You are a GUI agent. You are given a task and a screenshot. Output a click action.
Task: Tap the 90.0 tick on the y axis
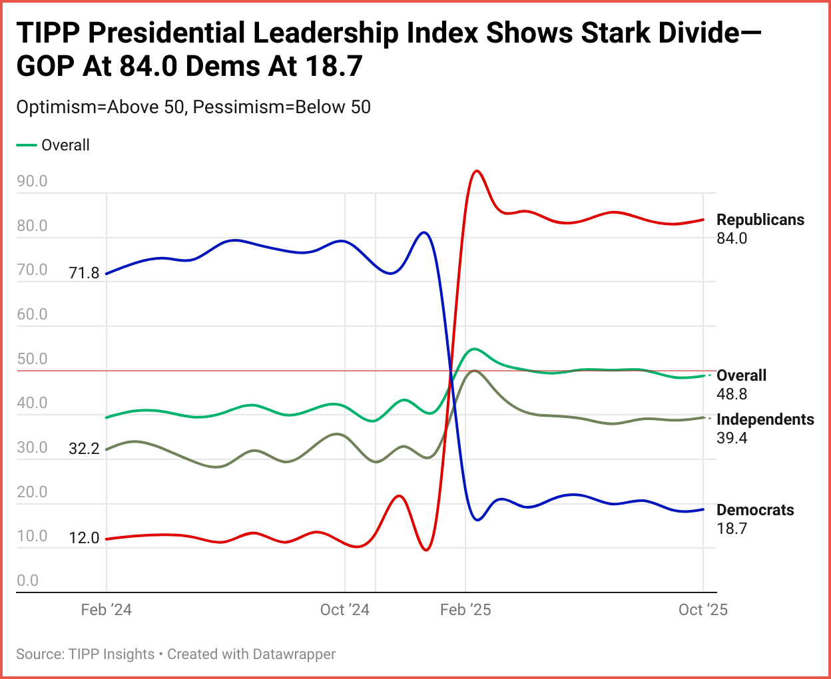[x=32, y=181]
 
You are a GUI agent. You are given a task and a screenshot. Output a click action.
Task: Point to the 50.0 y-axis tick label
[x=32, y=359]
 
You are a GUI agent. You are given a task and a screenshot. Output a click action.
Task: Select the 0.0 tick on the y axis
[x=27, y=580]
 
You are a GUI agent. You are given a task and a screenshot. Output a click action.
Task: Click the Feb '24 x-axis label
[x=106, y=610]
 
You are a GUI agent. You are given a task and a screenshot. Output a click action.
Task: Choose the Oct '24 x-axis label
[x=344, y=610]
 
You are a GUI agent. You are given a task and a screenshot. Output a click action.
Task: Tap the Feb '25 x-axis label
[x=465, y=610]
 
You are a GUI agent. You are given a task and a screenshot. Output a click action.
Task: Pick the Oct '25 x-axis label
[x=702, y=610]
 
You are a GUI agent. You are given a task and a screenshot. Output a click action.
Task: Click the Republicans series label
[x=760, y=220]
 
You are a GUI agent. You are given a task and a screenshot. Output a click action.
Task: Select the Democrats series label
[x=755, y=510]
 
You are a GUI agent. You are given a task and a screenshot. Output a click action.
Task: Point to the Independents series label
[x=765, y=419]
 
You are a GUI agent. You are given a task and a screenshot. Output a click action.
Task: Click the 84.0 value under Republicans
[x=732, y=238]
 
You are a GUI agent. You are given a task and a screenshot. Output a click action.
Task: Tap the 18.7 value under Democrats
[x=732, y=529]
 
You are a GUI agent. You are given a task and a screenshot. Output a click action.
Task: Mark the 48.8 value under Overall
[x=732, y=394]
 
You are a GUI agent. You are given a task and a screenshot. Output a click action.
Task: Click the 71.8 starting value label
[x=84, y=273]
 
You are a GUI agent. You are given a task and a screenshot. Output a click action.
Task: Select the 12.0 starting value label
[x=84, y=538]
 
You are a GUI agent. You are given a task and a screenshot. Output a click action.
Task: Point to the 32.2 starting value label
[x=84, y=449]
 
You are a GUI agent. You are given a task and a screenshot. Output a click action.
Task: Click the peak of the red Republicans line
[x=476, y=171]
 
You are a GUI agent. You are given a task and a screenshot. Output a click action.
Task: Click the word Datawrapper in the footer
[x=294, y=654]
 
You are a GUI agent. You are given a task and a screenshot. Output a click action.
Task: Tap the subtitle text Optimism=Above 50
[x=100, y=107]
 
